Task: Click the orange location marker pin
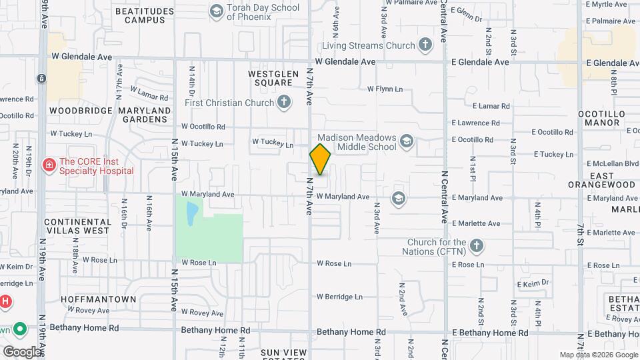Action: pos(321,159)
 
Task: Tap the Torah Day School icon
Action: pos(216,11)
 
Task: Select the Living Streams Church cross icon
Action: pos(425,45)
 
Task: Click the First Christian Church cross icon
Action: pos(284,103)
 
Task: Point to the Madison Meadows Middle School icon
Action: pos(407,141)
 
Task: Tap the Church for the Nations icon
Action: pos(476,246)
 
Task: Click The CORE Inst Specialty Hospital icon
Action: pos(48,165)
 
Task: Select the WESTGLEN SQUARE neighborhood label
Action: pos(271,78)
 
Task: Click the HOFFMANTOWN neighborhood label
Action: pos(99,299)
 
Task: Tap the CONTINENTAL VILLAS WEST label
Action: pos(77,226)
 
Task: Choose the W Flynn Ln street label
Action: pos(385,89)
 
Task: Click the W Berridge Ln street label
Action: pos(339,297)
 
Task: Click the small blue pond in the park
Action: pos(192,213)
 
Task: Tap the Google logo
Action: pos(22,351)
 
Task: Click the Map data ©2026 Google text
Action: pos(597,355)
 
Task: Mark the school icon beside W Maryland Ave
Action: pos(398,197)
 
